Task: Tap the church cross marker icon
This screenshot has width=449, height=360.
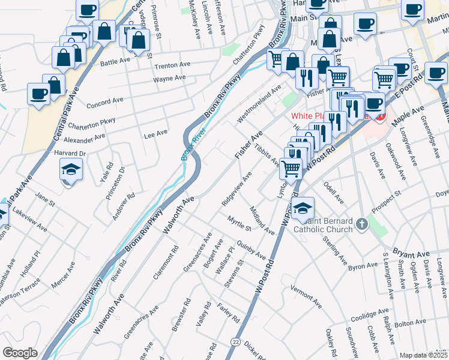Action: (361, 224)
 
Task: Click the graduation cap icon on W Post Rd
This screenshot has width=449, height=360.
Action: (304, 208)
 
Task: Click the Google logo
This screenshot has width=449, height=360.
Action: (20, 353)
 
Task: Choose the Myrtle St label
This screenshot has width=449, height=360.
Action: (239, 224)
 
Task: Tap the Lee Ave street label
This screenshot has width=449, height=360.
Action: (155, 135)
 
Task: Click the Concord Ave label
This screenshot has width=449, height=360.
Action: (104, 102)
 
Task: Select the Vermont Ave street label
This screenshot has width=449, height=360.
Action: (306, 296)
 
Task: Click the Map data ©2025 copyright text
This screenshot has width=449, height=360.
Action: (424, 355)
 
